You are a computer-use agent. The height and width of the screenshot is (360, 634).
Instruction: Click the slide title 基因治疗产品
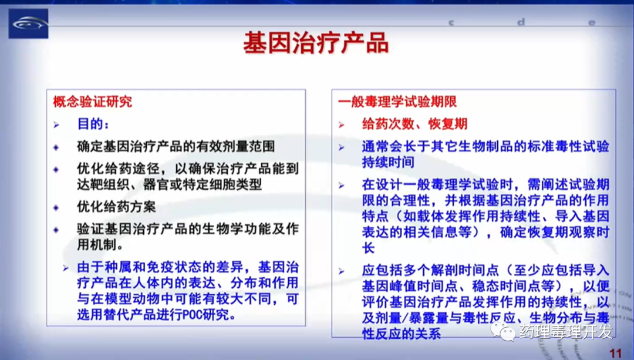[316, 43]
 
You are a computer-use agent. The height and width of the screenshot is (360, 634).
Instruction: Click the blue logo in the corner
[28, 23]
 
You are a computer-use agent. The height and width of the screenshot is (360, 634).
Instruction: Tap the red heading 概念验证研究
[93, 102]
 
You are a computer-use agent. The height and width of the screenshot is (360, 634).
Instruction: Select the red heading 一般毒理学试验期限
[397, 102]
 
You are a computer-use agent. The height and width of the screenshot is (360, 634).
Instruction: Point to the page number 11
[615, 353]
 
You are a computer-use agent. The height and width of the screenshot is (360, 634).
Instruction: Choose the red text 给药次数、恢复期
[414, 124]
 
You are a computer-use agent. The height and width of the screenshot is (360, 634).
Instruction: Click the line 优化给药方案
[116, 207]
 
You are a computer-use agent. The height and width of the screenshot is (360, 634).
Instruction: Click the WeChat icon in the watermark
[503, 332]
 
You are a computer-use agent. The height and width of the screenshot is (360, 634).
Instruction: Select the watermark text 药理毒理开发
[566, 332]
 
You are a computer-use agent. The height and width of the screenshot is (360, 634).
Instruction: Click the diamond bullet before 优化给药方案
[56, 207]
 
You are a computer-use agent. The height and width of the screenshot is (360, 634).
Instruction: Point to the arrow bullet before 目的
[56, 125]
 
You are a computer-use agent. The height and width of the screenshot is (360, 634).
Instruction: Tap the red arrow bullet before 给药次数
[342, 125]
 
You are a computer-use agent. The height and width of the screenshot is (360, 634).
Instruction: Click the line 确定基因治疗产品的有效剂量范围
[176, 146]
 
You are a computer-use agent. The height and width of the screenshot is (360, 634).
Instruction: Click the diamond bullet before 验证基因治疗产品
[56, 230]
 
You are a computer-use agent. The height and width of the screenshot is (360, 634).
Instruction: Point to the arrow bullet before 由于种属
[66, 268]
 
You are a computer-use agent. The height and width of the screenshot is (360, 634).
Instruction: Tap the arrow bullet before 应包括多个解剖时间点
[342, 271]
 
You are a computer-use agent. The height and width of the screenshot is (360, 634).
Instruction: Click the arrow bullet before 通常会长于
[342, 147]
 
